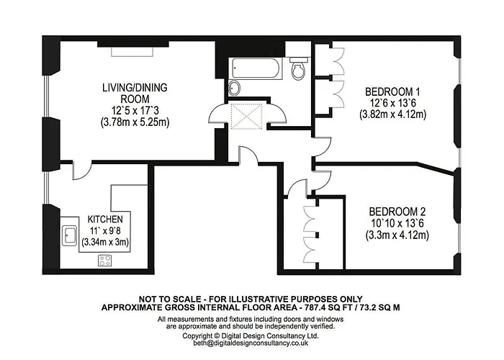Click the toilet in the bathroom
coord(298,68)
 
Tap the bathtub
coord(256,68)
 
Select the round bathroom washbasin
coord(235,88)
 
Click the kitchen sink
coord(69,235)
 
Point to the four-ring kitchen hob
coord(104,260)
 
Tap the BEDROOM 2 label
coord(397,212)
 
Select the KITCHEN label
coord(105,219)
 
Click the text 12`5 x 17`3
coord(135,111)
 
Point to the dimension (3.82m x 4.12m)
coord(392,114)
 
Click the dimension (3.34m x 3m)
coord(105,242)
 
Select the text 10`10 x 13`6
coord(397,223)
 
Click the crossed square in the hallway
coord(247,115)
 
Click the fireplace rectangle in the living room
coord(132,52)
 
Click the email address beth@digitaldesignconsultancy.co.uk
coord(251,343)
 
